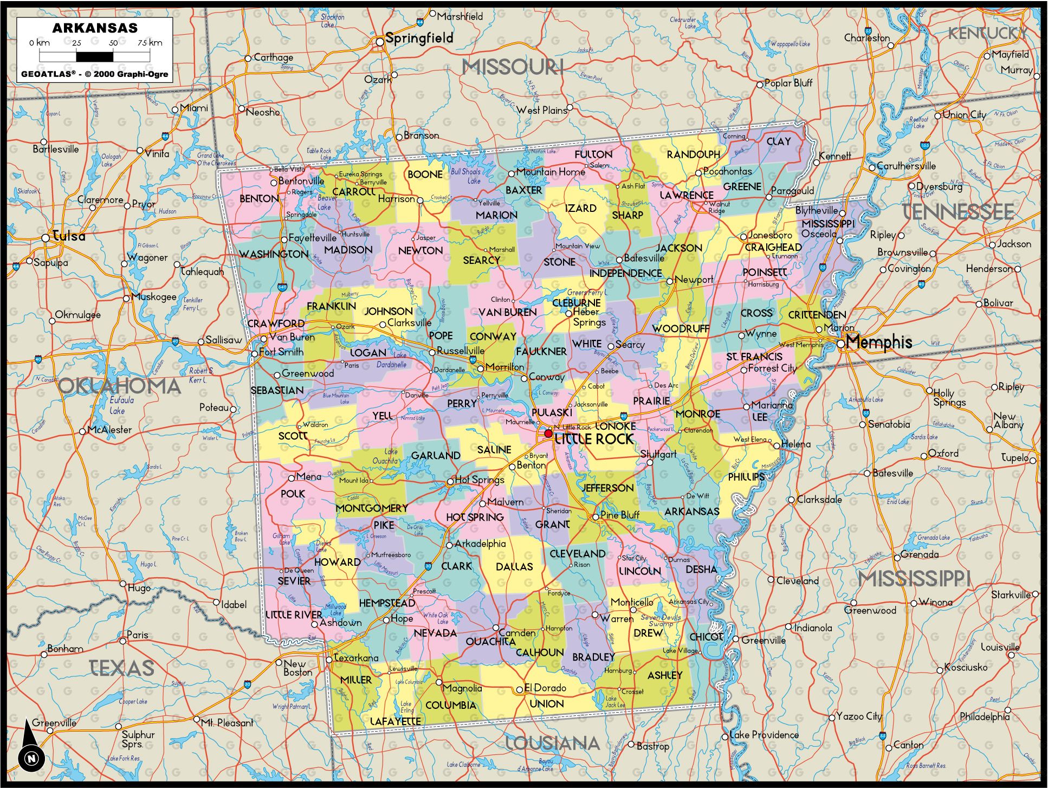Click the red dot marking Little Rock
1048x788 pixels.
pos(548,434)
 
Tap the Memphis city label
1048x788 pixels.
pos(878,342)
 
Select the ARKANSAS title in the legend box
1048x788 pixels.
pos(95,28)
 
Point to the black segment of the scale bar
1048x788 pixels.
pos(94,56)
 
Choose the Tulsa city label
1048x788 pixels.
pos(69,236)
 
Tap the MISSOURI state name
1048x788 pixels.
pos(513,67)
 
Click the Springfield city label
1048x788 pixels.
pos(419,38)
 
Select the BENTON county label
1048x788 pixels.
pos(259,199)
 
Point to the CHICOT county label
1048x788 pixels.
pos(706,637)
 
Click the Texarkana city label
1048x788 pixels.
pos(356,658)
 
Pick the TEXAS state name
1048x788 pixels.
pos(121,668)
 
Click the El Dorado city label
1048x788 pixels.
pos(545,688)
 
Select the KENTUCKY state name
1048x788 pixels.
pos(987,34)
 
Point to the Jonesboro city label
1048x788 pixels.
pos(769,235)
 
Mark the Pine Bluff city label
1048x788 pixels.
pos(620,515)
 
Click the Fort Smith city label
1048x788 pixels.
pos(281,352)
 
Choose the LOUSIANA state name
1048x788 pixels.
pos(552,743)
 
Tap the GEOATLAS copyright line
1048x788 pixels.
pos(95,74)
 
